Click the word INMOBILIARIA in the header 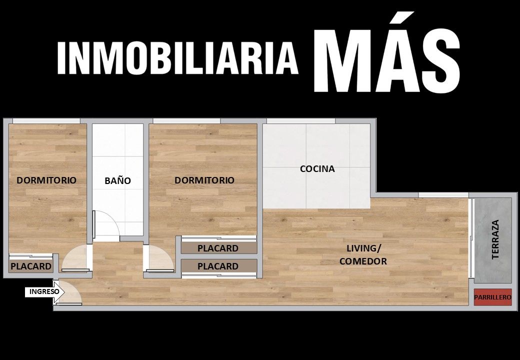coord(177,57)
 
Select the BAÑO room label coord(117,180)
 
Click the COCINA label coord(317,168)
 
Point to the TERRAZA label coord(495,239)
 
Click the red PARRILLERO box coord(492,297)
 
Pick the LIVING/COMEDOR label coord(363,254)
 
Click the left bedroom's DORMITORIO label coord(46,180)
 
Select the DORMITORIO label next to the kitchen coord(204,180)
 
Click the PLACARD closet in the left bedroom coord(31,266)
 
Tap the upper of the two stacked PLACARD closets coord(218,248)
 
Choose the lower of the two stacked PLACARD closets coord(218,266)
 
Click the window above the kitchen coord(301,121)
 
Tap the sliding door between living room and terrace coord(471,238)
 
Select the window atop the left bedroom coord(46,121)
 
